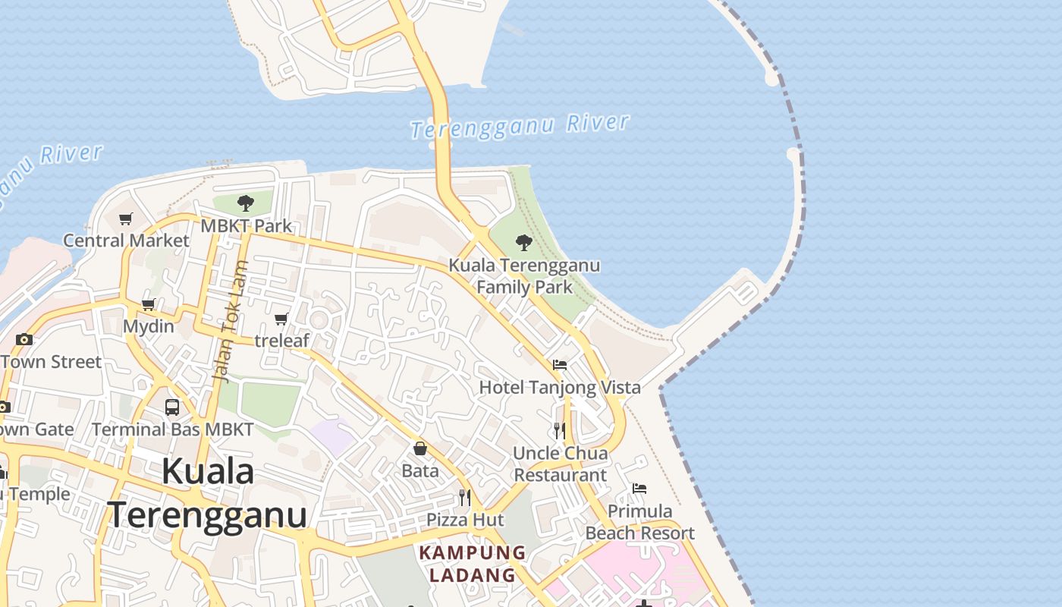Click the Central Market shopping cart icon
pos(126,219)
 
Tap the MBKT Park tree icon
pos(245,203)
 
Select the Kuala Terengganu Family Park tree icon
pos(523,243)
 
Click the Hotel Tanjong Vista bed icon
pos(560,365)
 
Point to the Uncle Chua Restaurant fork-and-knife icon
pos(560,430)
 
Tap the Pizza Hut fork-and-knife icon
pos(464,498)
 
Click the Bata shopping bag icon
pos(420,448)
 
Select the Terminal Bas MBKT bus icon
pos(172,407)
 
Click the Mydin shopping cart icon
pos(149,305)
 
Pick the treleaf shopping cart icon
pos(281,319)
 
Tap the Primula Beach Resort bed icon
pos(639,488)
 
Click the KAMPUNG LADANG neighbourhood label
pos(473,564)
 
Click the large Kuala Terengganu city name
pos(207,493)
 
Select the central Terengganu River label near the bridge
pos(520,126)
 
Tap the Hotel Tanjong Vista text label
pos(560,388)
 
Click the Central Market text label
pos(126,241)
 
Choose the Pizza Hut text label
pos(465,520)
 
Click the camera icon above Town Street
pos(24,339)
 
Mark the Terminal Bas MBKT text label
pos(173,429)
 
